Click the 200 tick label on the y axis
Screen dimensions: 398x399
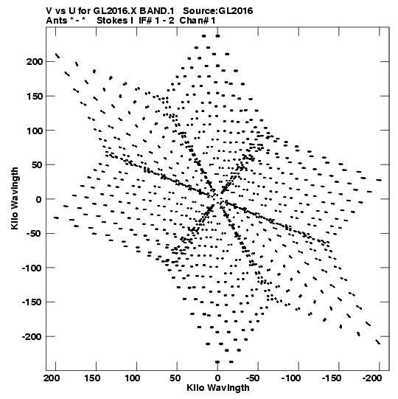pos(34,62)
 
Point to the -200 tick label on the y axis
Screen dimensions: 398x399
pos(32,336)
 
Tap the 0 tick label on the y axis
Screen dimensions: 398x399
pos(38,199)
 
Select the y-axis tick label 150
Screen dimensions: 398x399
pos(34,97)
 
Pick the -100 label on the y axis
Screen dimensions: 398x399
pos(32,268)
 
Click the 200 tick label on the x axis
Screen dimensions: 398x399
pos(52,378)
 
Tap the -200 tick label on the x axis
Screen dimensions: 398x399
pos(372,378)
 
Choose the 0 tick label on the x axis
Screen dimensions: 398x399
pos(217,378)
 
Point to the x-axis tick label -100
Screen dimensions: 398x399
pos(291,378)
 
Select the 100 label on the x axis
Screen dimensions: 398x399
pos(133,378)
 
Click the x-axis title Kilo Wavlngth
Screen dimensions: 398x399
pos(218,388)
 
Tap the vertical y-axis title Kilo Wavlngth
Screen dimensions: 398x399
pos(15,198)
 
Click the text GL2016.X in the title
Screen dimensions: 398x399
pos(115,11)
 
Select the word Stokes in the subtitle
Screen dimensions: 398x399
pos(113,21)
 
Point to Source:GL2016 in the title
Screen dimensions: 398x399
pos(218,11)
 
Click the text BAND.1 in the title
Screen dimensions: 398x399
pos(157,11)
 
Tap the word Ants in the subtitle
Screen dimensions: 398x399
pos(57,21)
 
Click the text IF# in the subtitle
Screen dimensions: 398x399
pos(145,21)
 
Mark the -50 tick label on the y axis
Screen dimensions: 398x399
pos(34,234)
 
